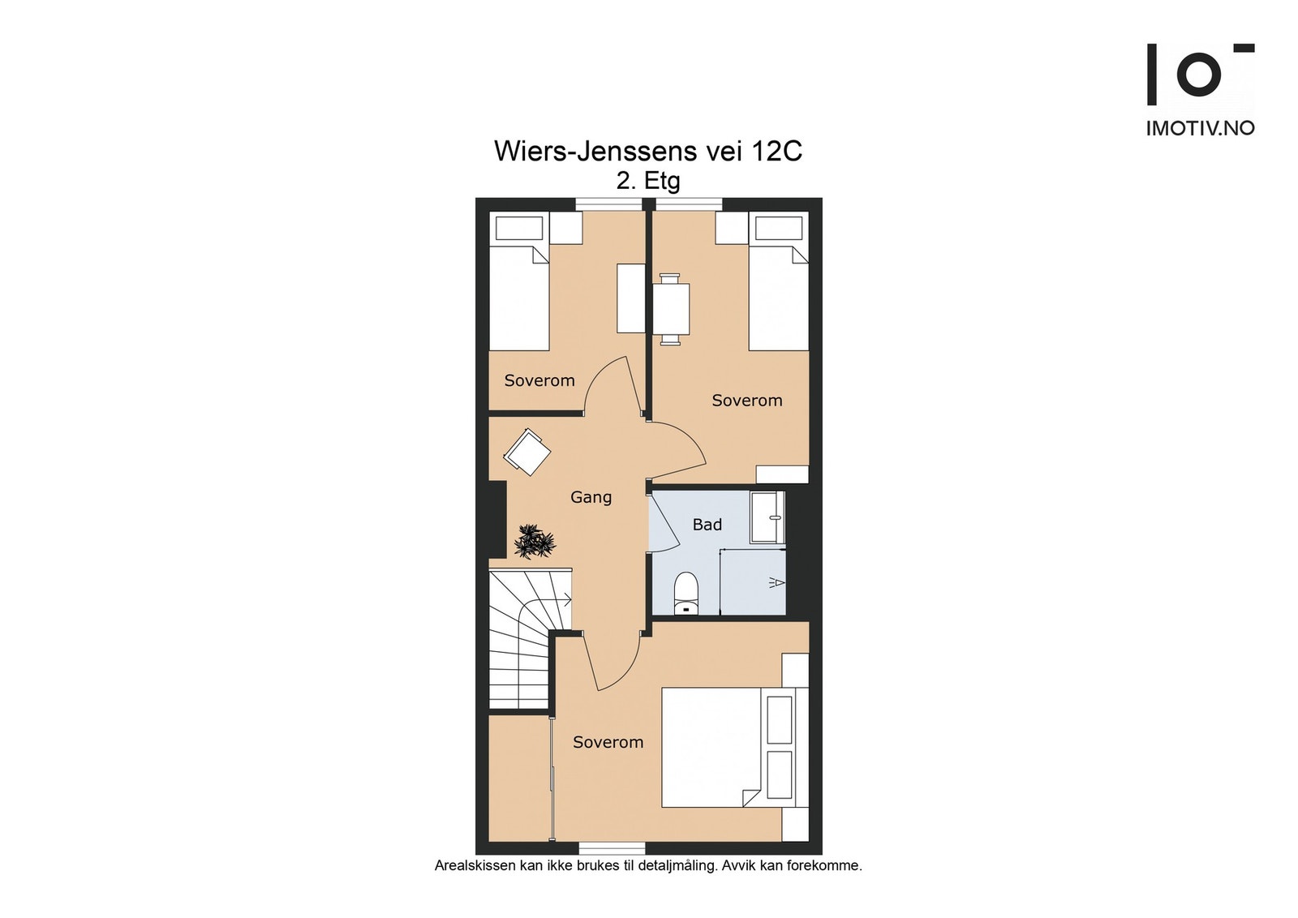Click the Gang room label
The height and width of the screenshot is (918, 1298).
[591, 497]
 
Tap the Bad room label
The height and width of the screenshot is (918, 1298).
[707, 525]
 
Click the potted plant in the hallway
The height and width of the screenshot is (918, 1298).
[535, 542]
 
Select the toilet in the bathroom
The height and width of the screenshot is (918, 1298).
[686, 593]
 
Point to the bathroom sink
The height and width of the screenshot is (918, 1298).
[767, 517]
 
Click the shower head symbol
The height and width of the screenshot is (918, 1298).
[777, 582]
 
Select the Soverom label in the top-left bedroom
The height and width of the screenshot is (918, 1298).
[539, 380]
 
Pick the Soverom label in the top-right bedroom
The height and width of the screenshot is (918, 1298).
[747, 401]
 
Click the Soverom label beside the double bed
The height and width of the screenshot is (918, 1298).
[608, 742]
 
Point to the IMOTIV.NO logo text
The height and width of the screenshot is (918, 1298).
[1201, 129]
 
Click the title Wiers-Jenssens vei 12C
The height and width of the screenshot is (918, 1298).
[648, 151]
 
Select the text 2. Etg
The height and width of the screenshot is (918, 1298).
[648, 182]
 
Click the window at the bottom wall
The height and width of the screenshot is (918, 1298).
[612, 849]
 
